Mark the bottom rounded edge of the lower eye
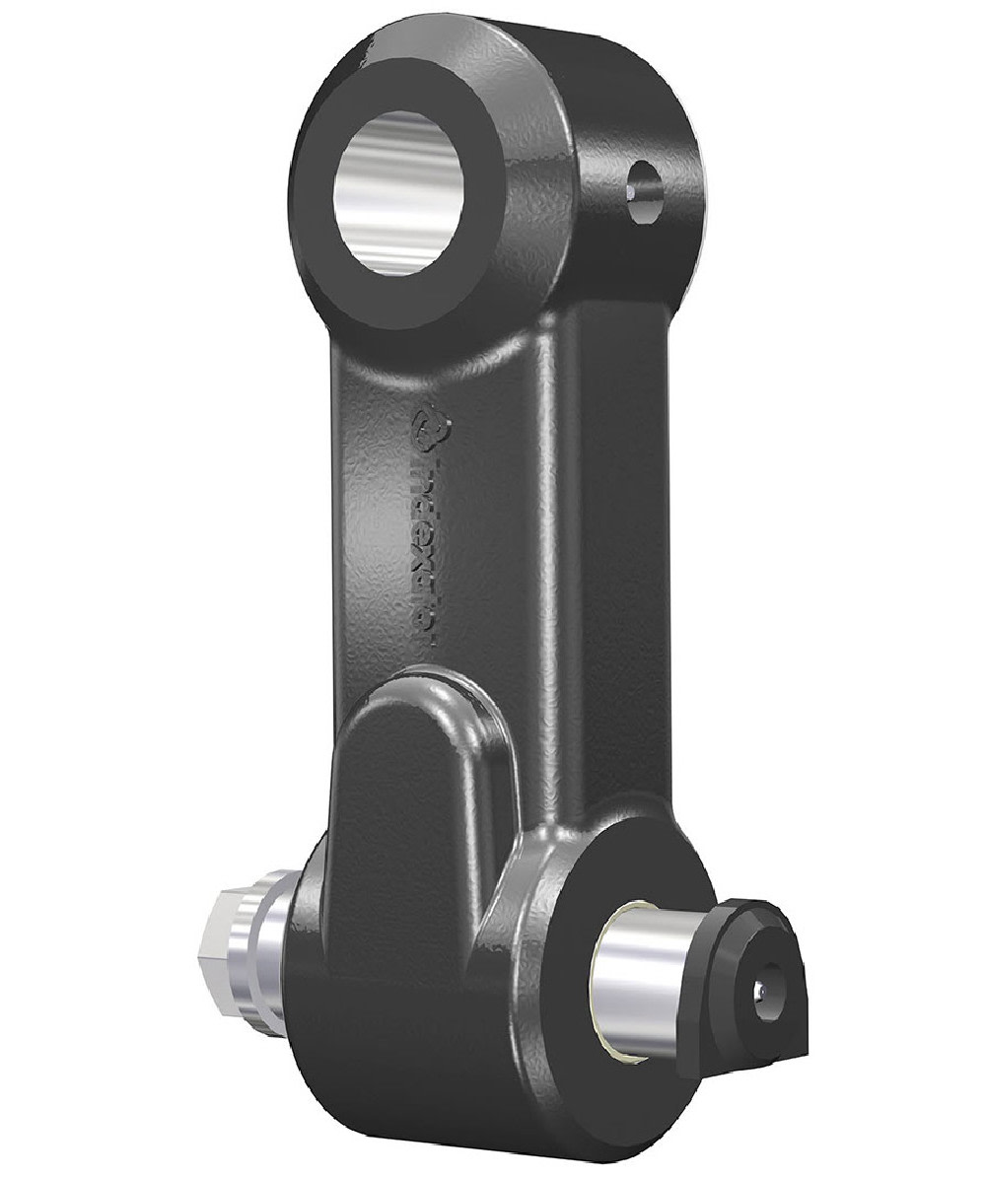[444, 1134]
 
